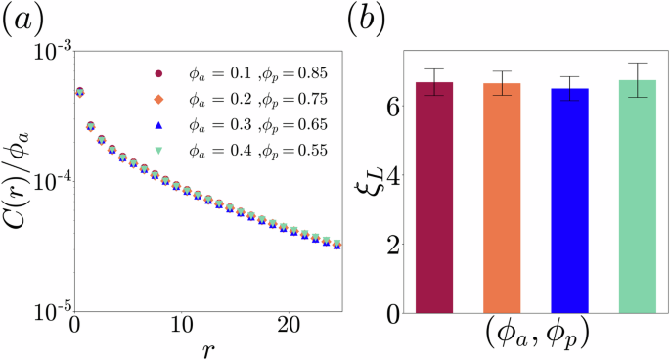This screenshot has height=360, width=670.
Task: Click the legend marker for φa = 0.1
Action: point(157,73)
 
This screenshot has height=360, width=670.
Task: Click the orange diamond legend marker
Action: point(157,99)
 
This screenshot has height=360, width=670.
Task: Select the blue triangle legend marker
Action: point(157,124)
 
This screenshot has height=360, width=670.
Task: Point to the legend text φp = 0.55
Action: point(298,150)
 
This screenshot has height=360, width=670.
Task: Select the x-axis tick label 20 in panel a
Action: point(287,324)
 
